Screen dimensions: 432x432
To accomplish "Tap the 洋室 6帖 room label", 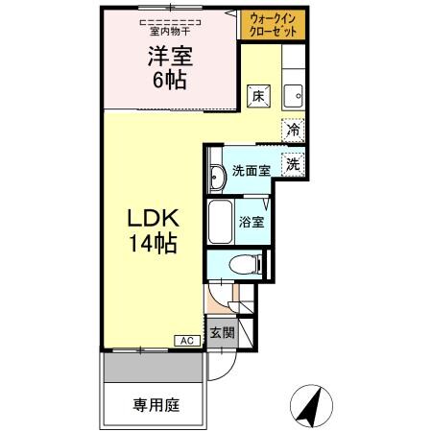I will (x=164, y=68).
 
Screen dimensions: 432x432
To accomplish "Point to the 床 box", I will (x=257, y=95).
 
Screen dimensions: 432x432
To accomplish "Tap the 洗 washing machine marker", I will (x=292, y=163).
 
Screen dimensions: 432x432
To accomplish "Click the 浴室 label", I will (x=254, y=223).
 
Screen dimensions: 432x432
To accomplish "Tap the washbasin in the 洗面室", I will (x=215, y=174).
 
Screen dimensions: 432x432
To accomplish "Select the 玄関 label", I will (x=221, y=332).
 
